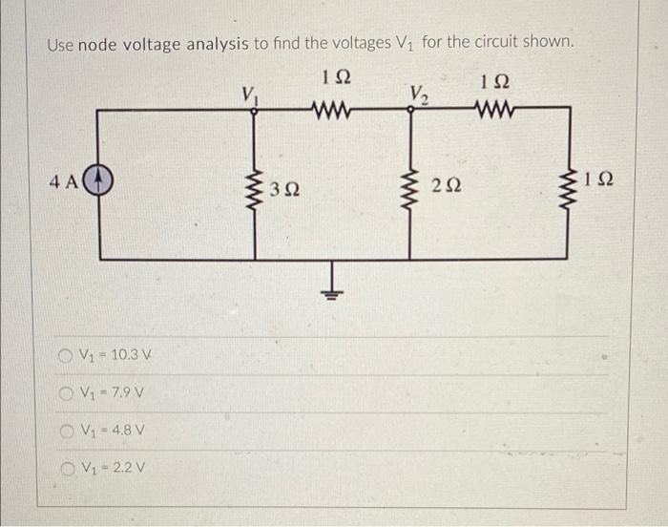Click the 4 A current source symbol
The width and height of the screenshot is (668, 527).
pyautogui.click(x=101, y=179)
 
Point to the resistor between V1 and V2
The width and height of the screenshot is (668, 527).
pyautogui.click(x=333, y=109)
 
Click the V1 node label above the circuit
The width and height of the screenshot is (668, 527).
pyautogui.click(x=250, y=94)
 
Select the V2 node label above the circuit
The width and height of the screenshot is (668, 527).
pyautogui.click(x=417, y=94)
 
